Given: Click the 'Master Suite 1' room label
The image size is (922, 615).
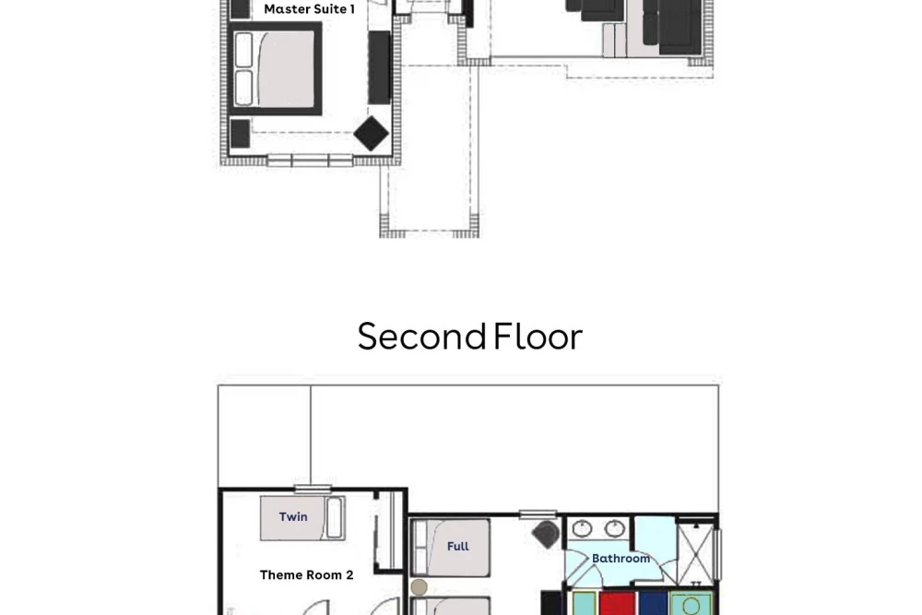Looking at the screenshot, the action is tap(309, 9).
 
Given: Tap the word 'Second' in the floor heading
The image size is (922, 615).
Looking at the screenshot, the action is tap(421, 337).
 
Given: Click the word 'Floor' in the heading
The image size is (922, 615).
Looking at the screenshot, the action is tap(538, 337).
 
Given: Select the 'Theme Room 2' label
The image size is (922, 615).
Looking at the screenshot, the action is tap(306, 575).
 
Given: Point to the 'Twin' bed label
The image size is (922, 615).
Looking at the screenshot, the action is tap(293, 517).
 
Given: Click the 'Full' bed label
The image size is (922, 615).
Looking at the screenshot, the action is tap(458, 546).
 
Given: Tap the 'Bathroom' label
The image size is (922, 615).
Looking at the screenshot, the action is tap(621, 558).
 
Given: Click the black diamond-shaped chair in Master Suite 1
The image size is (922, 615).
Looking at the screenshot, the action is tap(371, 134).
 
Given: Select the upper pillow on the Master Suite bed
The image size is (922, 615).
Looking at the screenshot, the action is tap(243, 50).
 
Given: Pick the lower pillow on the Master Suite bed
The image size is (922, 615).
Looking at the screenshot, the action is tap(243, 89).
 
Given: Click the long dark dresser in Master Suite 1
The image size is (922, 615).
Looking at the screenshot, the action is tap(379, 67).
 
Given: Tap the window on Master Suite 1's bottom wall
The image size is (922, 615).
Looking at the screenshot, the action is tap(310, 160).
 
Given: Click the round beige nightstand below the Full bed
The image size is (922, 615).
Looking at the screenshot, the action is tap(420, 586).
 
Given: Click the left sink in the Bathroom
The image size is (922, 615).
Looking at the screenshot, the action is tap(582, 528).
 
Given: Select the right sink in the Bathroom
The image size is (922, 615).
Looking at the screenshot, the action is tap(614, 528).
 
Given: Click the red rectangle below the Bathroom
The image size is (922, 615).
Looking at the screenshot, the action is tap(618, 603).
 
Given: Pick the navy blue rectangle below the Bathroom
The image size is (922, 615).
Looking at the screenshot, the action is tap(653, 603).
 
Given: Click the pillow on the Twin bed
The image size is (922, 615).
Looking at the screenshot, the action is tap(335, 517).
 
